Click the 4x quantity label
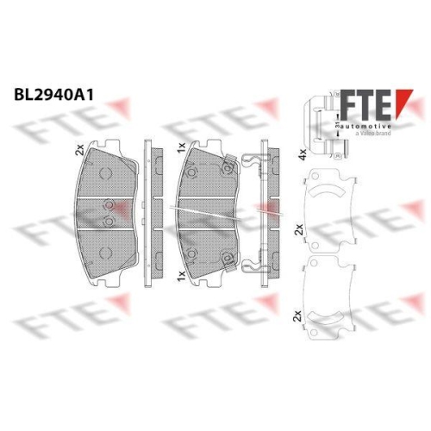coord(302,156)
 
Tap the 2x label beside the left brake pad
coord(81,149)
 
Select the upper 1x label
coord(179,148)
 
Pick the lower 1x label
coord(179,274)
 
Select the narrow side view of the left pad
coord(147,211)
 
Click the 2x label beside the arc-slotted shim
coord(299,230)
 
